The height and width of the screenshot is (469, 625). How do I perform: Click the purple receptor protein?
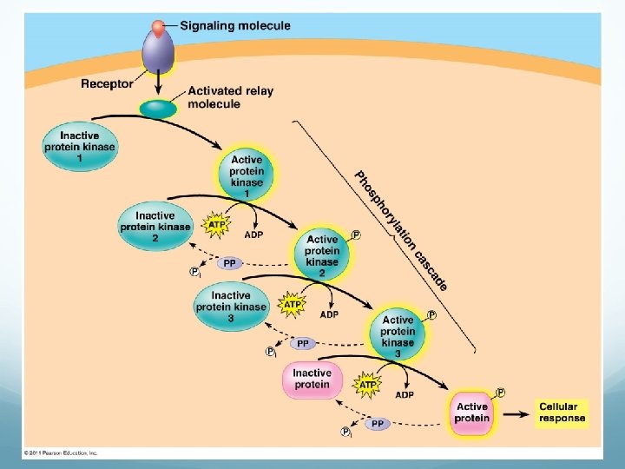coord(158,53)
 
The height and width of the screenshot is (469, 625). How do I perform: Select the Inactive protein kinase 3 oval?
coord(231,307)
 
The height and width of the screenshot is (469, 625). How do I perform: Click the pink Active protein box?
coord(472,413)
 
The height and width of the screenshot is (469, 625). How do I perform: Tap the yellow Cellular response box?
coord(562,413)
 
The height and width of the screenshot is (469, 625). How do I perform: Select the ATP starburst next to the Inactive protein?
coord(368,384)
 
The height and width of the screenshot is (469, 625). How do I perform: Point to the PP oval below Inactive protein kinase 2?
coord(229,263)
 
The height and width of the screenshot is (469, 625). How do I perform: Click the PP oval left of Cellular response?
coord(377,423)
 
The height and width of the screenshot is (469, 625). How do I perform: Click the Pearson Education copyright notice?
coord(61,452)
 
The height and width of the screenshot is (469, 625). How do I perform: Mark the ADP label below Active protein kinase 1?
coord(253,234)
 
